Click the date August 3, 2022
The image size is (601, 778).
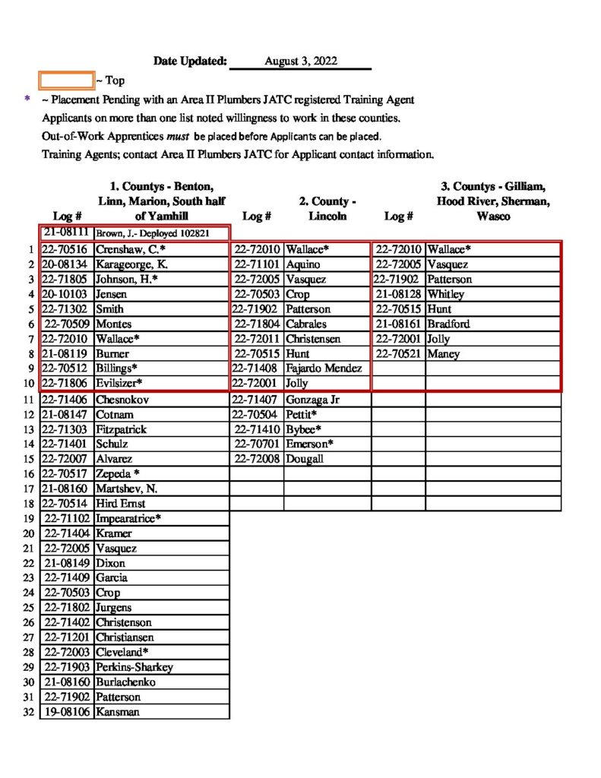click(x=301, y=61)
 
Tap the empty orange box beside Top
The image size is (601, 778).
click(x=66, y=80)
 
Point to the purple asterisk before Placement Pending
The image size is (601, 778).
click(x=28, y=100)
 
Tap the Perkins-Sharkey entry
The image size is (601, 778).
click(x=134, y=667)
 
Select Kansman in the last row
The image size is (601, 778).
click(x=118, y=712)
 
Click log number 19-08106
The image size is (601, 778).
click(x=67, y=712)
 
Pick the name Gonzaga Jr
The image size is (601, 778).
click(x=316, y=399)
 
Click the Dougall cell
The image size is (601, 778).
click(x=305, y=459)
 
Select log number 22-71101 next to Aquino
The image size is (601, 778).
click(x=258, y=264)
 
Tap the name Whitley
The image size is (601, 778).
click(x=446, y=294)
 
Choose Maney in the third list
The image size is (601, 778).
click(x=442, y=354)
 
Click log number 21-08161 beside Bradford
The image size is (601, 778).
click(x=399, y=324)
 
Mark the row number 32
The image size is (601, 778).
click(x=29, y=712)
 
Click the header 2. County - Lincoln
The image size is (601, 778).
click(x=327, y=209)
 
